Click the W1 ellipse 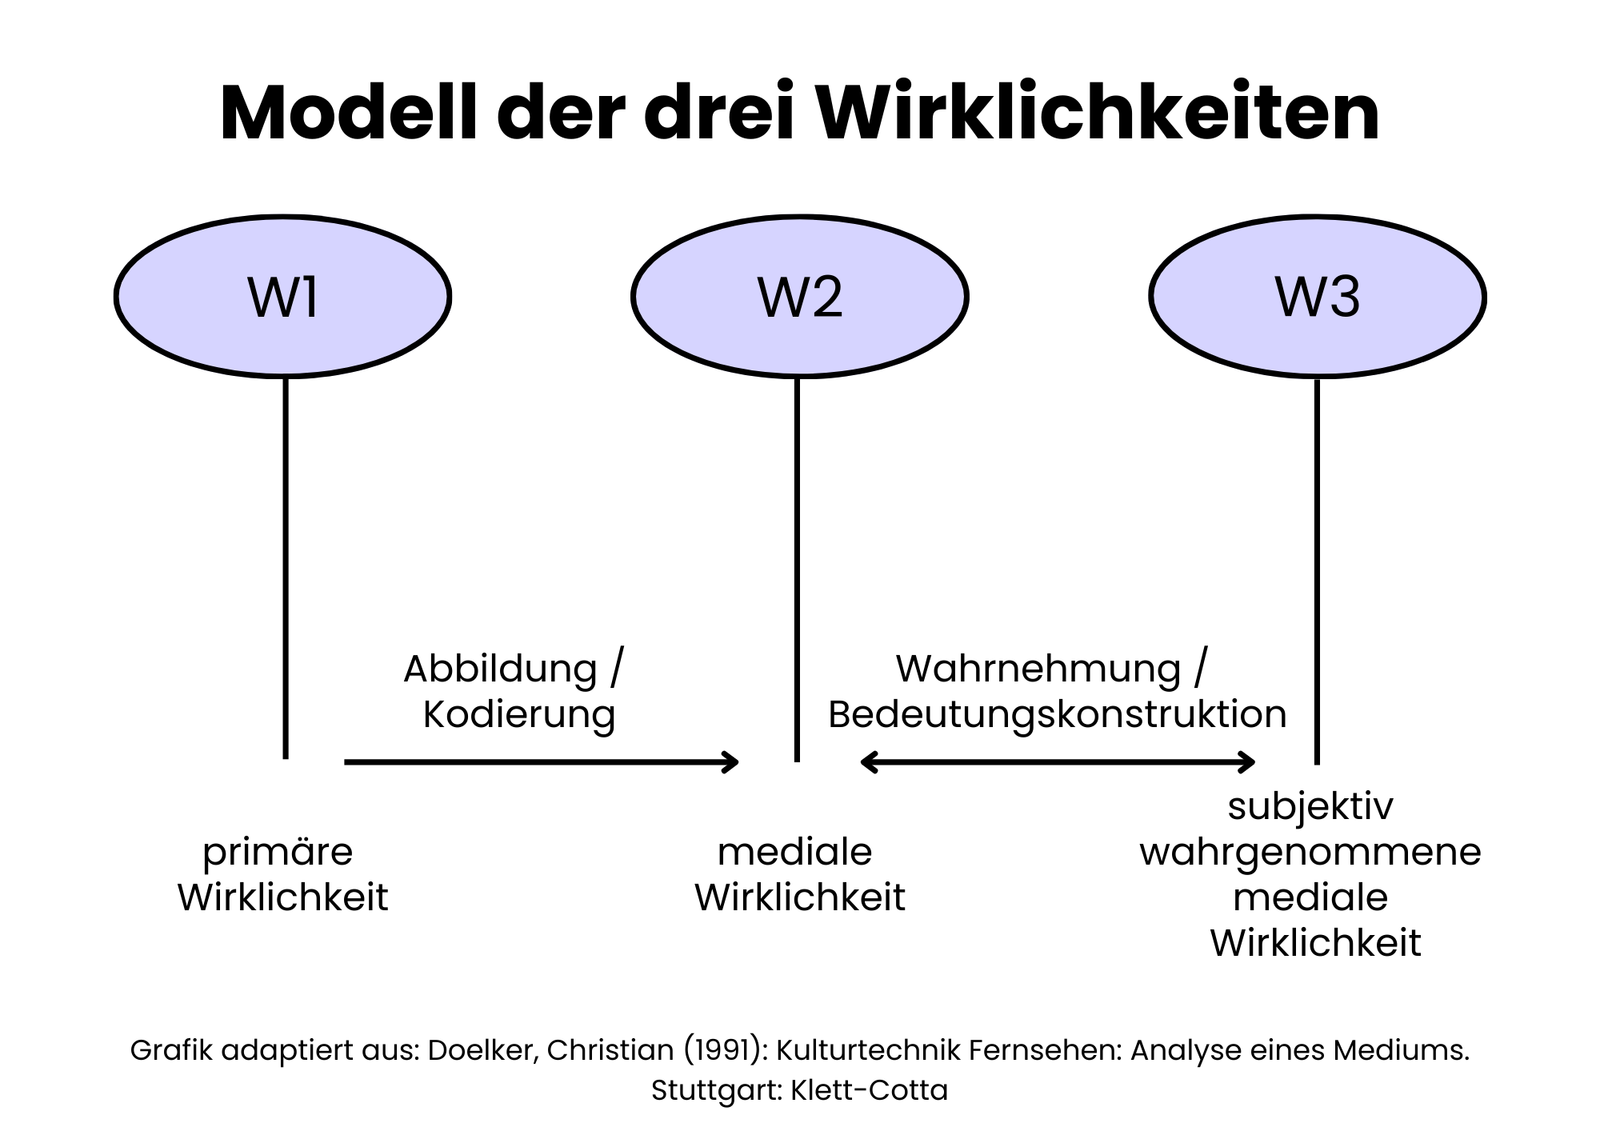coord(282,297)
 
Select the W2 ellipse coord(800,297)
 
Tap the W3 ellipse coord(1318,297)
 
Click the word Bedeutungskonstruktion coord(1057,714)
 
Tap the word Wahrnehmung coord(1038,669)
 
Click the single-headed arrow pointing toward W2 coord(541,762)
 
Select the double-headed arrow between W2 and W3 coord(1058,762)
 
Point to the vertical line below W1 coord(286,568)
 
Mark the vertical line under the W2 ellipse coord(797,568)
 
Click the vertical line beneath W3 coord(1317,568)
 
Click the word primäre coord(278,852)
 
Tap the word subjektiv coord(1310,806)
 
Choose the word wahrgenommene coord(1310,852)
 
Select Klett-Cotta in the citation coord(870,1090)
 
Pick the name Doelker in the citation coord(482,1050)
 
